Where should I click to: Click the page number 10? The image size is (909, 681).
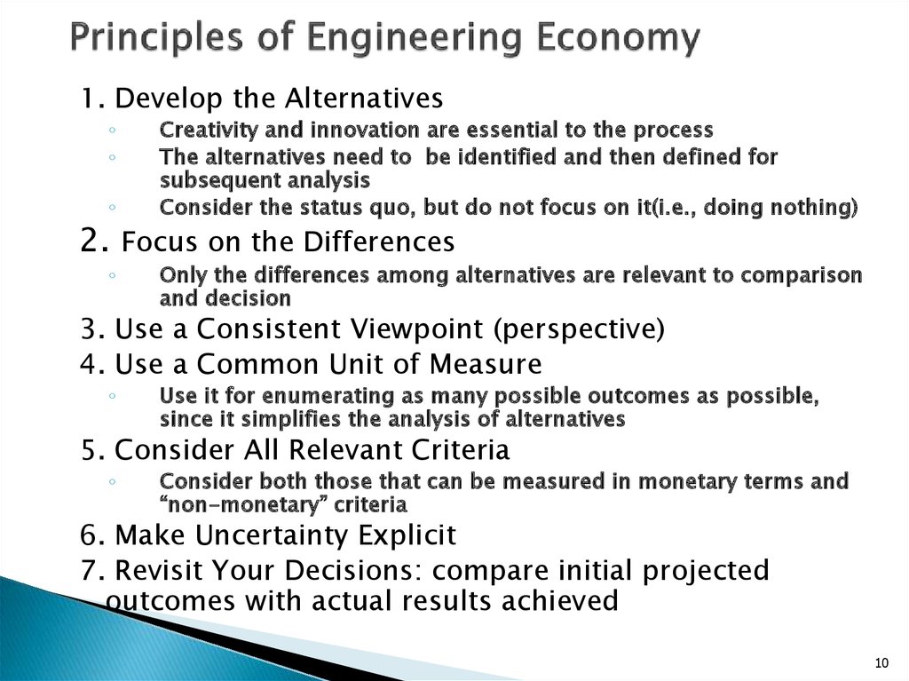coord(881,663)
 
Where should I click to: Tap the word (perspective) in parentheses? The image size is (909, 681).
coord(579,329)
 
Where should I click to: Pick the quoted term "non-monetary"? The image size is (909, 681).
coord(224,505)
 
